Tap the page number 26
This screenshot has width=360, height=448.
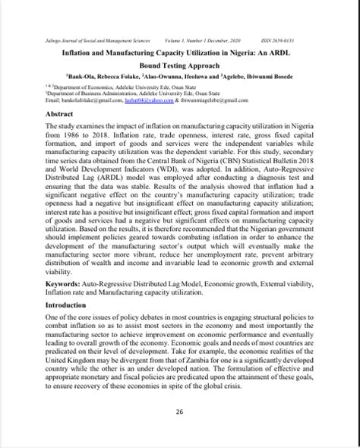click(180, 412)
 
